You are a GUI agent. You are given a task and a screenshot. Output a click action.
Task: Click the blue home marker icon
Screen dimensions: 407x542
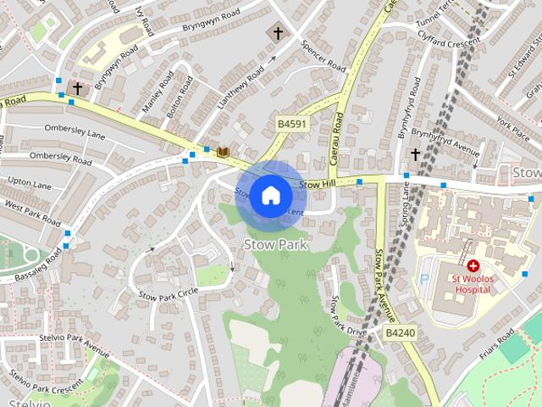pos(270,195)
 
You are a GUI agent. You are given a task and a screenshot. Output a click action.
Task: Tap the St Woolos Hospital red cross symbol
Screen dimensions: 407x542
pos(473,266)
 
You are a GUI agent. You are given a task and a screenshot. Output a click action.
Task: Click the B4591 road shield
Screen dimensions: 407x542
pos(292,124)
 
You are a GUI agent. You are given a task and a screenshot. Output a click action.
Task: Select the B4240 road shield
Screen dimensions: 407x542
pos(400,333)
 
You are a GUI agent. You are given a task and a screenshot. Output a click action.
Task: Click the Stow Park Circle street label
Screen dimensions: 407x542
pos(169,293)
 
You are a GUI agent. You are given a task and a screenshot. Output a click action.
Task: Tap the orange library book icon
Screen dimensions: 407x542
pos(224,152)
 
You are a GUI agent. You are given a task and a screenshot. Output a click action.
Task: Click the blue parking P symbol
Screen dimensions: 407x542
pos(424,279)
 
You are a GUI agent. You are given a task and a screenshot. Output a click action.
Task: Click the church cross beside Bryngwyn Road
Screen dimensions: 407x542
pos(77,87)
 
